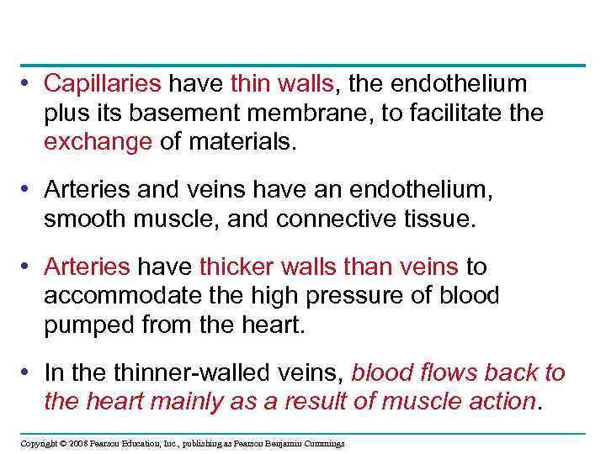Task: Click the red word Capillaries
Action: (x=102, y=83)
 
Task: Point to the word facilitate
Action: (x=458, y=113)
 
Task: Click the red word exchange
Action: (x=98, y=141)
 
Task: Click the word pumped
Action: (x=84, y=325)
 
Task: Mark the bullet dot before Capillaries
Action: (x=28, y=83)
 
